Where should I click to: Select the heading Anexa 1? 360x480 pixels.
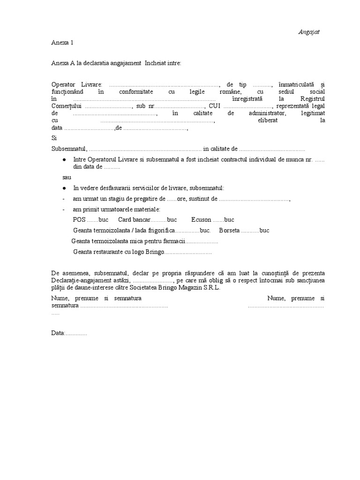coord(62,43)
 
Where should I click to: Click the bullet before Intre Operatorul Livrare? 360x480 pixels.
coord(63,160)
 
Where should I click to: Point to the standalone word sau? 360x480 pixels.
coord(68,178)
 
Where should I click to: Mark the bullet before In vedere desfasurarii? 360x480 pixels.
coord(63,188)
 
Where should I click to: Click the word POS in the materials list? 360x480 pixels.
coord(79,219)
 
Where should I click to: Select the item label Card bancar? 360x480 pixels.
coord(135,219)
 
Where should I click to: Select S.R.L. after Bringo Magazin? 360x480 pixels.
coord(211,287)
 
